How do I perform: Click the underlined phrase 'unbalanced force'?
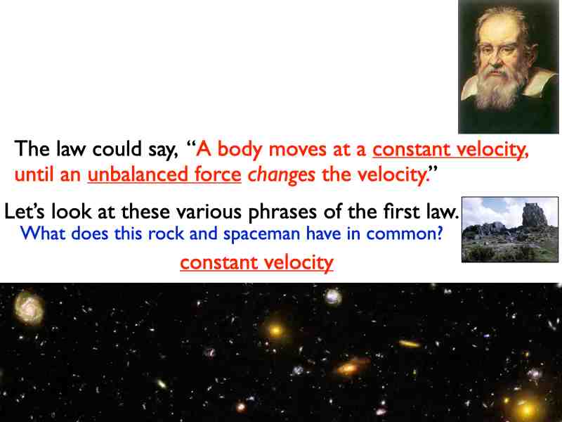[164, 175]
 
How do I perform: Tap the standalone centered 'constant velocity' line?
[256, 263]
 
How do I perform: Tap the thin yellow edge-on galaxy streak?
[409, 344]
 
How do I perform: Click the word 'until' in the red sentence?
[32, 175]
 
